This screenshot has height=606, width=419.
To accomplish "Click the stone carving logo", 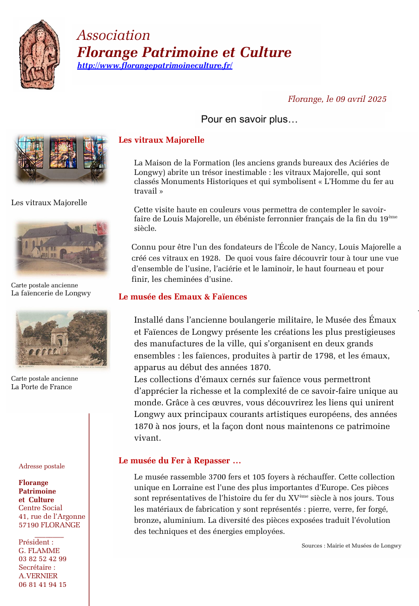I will [x=39, y=54].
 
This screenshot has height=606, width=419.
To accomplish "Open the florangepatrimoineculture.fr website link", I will [x=154, y=66].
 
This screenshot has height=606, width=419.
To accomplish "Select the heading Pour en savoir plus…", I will [x=249, y=119].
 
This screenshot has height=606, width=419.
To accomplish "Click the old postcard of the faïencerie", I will [x=62, y=248].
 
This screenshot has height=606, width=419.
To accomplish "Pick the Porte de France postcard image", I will [x=62, y=338].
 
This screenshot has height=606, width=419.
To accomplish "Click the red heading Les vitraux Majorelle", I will [x=161, y=140].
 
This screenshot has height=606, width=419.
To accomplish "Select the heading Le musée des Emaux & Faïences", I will [x=183, y=297].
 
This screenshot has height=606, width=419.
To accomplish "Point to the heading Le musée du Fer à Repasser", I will [x=179, y=461].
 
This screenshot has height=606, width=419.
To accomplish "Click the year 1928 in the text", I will [x=210, y=257].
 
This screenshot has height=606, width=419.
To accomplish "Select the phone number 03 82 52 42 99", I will [x=42, y=559].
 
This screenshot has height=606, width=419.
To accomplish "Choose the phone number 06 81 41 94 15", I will [x=42, y=585].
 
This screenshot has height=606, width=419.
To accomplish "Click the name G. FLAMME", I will [x=39, y=551].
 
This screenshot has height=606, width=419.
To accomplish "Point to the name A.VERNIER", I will [x=38, y=576].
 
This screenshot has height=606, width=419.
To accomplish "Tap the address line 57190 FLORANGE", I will [x=49, y=525].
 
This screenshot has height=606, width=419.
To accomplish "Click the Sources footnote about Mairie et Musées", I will [x=351, y=546].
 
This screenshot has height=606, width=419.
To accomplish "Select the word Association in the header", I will [x=113, y=35].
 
